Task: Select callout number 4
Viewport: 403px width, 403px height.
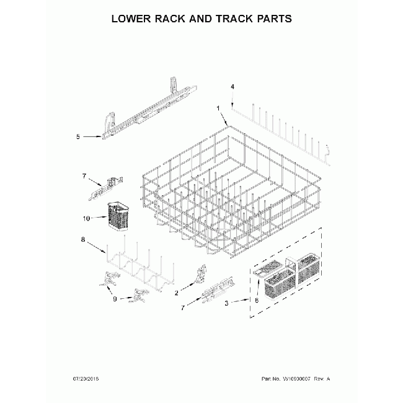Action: click(x=232, y=87)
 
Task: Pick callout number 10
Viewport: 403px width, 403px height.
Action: click(x=87, y=218)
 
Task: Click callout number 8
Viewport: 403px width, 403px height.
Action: click(x=82, y=239)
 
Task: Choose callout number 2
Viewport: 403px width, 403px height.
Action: click(x=177, y=291)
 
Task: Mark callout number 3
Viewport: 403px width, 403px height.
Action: click(x=227, y=303)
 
